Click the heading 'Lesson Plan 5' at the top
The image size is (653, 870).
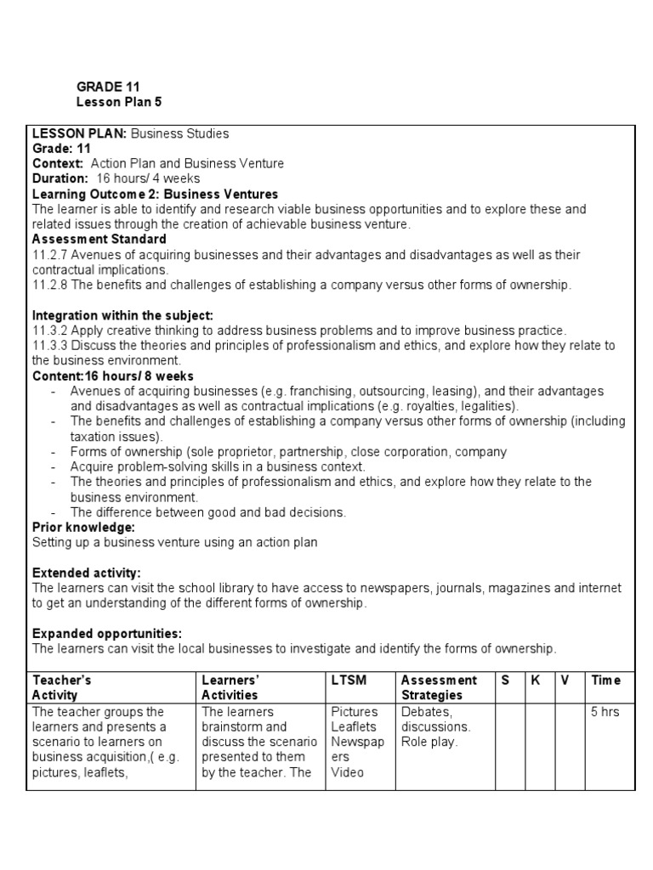click(x=118, y=102)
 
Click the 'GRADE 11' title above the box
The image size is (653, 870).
click(x=108, y=87)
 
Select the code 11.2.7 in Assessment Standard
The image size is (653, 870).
click(x=49, y=255)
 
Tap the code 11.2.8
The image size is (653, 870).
click(x=49, y=285)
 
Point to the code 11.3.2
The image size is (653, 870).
click(x=49, y=330)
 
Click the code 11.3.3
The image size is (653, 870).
click(x=49, y=346)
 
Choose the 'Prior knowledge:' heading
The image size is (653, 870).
click(x=83, y=528)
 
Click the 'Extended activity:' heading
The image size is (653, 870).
click(x=86, y=573)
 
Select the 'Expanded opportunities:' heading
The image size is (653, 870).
click(x=107, y=634)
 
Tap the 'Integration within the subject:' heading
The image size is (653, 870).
click(x=122, y=315)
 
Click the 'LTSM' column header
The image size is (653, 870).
click(x=348, y=681)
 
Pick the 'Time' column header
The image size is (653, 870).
click(x=606, y=681)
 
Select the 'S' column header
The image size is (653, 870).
click(x=506, y=681)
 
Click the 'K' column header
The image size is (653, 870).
click(x=536, y=681)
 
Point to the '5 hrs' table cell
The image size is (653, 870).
click(x=605, y=712)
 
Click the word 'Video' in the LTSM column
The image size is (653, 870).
click(x=348, y=772)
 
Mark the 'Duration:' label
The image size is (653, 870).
click(x=60, y=178)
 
